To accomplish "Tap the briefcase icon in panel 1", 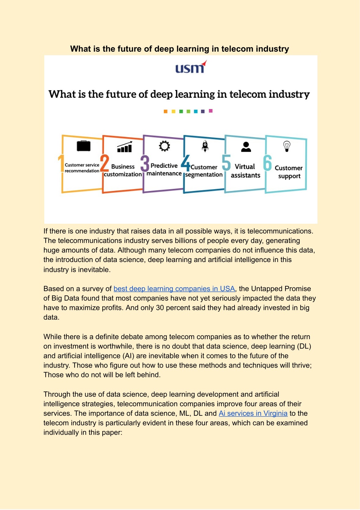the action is point(84,146).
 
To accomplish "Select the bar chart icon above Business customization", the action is point(124,147).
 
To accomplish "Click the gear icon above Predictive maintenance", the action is point(165,146).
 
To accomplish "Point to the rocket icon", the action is point(205,146).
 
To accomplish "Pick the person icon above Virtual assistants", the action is point(246,147).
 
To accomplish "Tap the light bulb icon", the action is point(287,146).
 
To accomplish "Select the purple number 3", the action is point(145,163).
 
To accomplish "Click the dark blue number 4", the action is point(186,163).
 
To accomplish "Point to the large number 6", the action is point(268,163).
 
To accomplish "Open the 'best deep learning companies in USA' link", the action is point(174,289).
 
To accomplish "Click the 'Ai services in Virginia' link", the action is point(253,413).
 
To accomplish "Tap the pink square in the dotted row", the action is point(211,111).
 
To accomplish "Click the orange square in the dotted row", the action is point(166,111).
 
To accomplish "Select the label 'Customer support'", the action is point(289,172).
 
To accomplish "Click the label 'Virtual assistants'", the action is point(245,171).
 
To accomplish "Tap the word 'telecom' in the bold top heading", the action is point(237,49).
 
